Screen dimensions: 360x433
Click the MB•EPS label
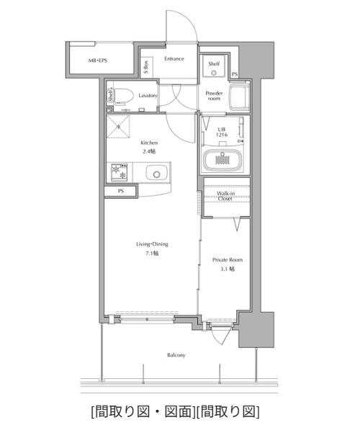coord(98,61)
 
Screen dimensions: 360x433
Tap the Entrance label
coord(174,58)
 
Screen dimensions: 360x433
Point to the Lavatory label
coord(148,96)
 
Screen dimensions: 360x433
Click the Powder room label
coord(215,96)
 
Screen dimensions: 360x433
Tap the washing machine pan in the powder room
coord(239,96)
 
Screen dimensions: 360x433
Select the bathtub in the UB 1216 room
coord(222,160)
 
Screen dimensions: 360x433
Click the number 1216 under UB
coord(222,135)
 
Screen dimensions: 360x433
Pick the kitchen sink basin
coord(156,173)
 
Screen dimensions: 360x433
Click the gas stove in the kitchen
coord(120,172)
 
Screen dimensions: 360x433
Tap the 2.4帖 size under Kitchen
coord(149,151)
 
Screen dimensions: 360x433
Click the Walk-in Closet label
coord(225,196)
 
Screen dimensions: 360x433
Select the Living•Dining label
coord(152,244)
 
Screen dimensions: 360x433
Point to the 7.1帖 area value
coord(152,253)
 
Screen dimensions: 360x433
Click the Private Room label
coord(228,259)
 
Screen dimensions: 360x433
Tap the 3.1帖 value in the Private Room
coord(228,269)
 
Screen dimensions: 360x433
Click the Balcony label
coord(176,355)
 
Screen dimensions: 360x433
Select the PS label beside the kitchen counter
coord(121,191)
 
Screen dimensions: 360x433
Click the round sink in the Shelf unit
coord(214,73)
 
